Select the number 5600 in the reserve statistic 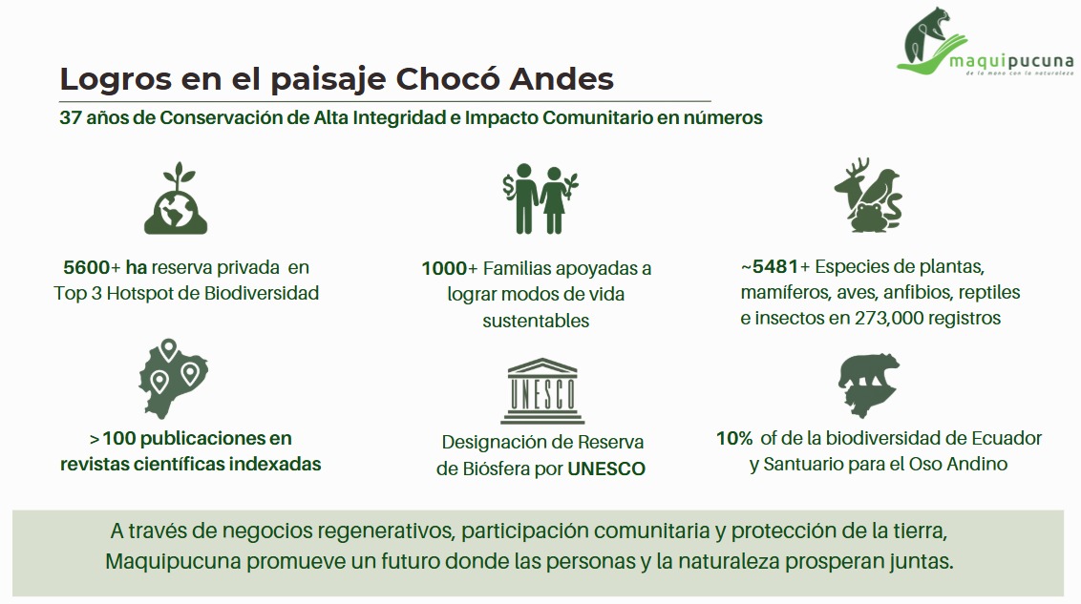click(x=86, y=267)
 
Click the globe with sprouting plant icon click(x=176, y=198)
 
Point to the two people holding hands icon click(x=540, y=198)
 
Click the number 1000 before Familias click(x=444, y=268)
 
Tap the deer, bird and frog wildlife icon click(x=868, y=196)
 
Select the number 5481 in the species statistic click(x=775, y=266)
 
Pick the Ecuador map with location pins click(x=173, y=379)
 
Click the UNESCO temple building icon click(x=541, y=390)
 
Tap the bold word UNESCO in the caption click(x=606, y=469)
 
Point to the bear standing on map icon click(x=868, y=385)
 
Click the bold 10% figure click(x=734, y=438)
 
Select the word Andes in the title click(x=562, y=79)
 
